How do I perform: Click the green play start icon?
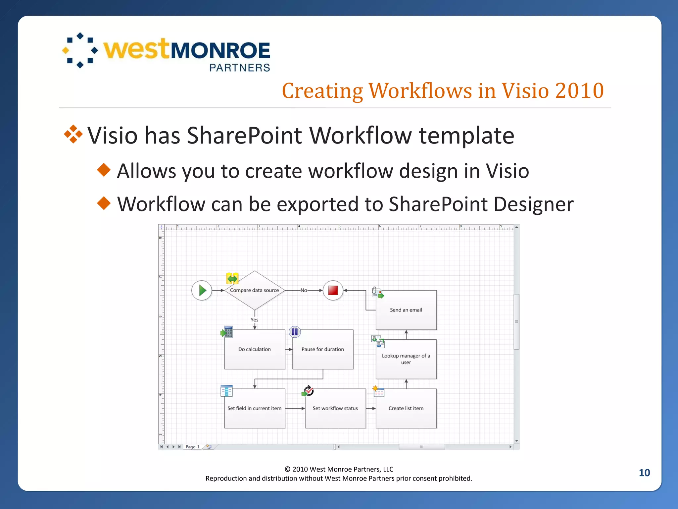click(202, 291)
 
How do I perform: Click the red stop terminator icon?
click(333, 290)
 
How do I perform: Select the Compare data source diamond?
click(254, 290)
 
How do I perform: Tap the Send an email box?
click(406, 310)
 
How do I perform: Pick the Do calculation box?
click(254, 349)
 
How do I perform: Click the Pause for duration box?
click(322, 349)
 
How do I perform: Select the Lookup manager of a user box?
click(406, 359)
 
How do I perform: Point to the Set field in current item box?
click(254, 408)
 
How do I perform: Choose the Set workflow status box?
click(335, 408)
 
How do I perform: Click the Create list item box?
click(406, 408)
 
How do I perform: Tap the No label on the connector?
click(304, 290)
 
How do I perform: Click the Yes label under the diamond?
click(254, 320)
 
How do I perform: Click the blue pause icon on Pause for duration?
click(295, 332)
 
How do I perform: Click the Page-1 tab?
click(192, 447)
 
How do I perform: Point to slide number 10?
click(644, 473)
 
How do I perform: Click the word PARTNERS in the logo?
click(240, 68)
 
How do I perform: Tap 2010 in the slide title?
click(579, 90)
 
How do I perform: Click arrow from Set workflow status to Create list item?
click(371, 408)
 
